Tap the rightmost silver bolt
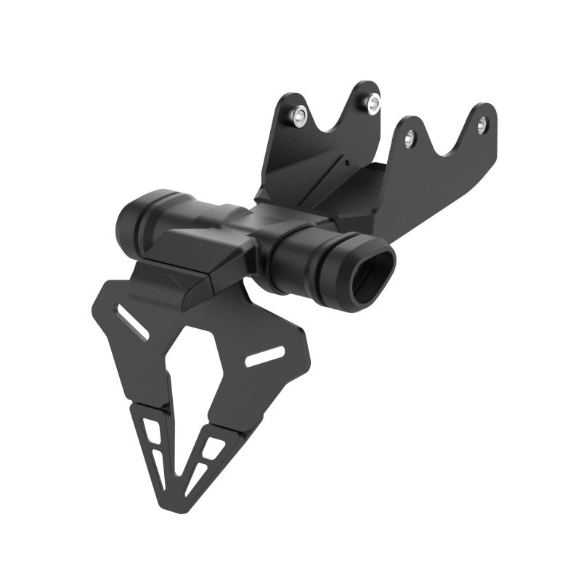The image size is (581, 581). (x=484, y=124)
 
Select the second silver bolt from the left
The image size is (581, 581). (x=373, y=103)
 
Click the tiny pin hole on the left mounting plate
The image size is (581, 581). (x=349, y=162)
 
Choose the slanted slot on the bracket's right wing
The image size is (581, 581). (x=265, y=356)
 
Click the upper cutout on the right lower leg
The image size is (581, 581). (x=214, y=447)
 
